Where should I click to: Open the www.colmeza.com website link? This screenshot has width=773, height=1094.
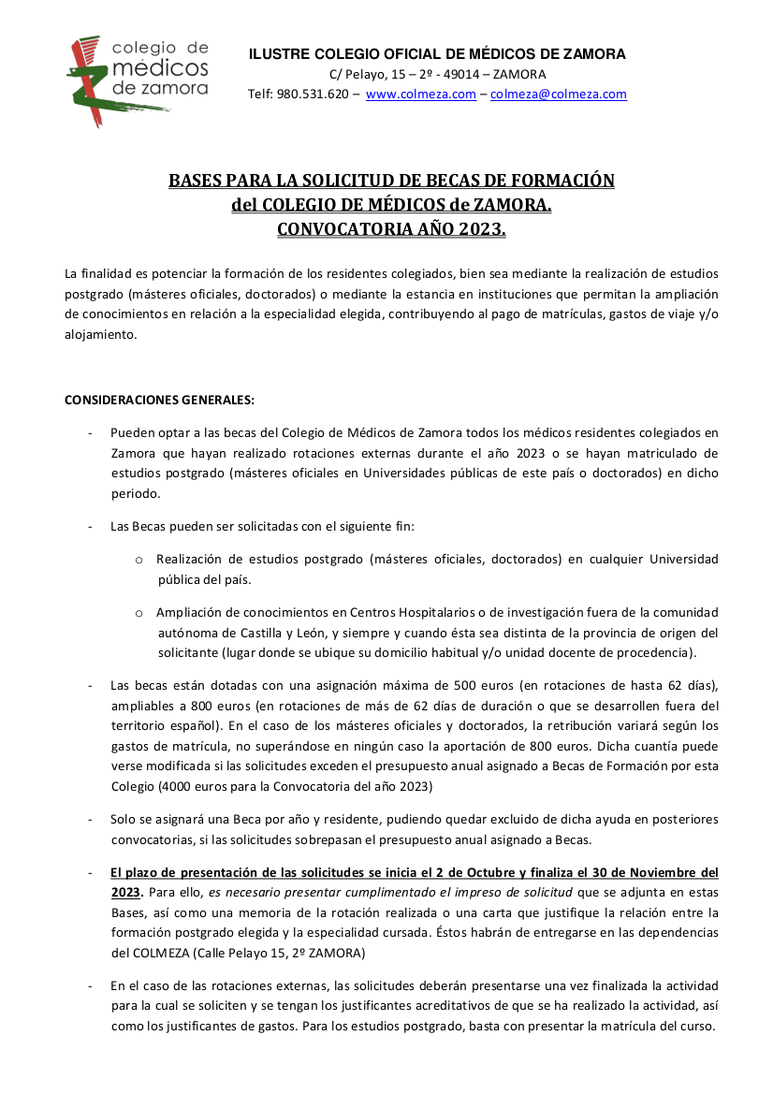pos(420,95)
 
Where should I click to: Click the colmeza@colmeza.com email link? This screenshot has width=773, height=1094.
pos(558,95)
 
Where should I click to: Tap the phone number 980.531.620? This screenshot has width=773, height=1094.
pos(313,95)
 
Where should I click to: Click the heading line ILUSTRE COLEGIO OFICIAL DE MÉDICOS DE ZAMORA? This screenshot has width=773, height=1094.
pos(437,54)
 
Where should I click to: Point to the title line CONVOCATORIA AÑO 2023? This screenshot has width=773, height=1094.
pos(391,228)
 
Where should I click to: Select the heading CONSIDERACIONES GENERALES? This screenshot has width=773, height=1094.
pos(159,401)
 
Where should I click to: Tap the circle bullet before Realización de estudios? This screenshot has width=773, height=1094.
pos(139,560)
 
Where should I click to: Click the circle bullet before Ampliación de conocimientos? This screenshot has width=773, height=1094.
pos(139,612)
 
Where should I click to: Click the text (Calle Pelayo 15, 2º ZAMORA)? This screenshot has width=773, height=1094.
pos(271,953)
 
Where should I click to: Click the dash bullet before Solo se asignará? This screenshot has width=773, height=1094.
pos(90,819)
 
